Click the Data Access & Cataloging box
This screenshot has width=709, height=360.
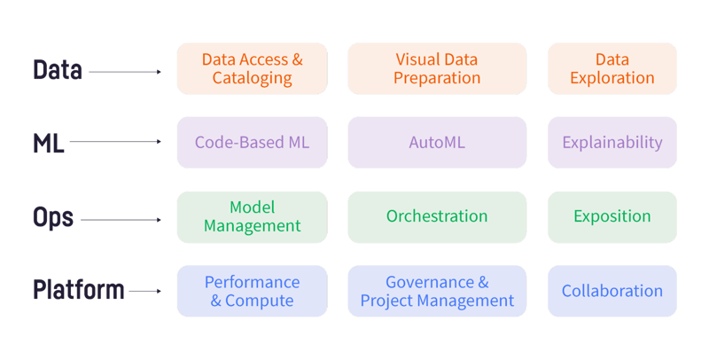252,68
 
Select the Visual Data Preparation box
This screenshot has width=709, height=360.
437,68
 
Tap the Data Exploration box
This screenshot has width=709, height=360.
612,68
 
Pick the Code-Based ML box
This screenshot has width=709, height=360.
252,142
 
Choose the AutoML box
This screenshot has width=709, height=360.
437,142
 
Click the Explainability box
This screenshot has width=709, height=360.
612,142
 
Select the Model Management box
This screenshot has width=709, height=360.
252,216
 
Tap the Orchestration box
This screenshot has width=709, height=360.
437,216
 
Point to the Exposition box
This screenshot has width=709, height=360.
612,216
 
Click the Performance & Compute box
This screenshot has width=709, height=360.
252,291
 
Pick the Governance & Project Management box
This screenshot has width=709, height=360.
437,291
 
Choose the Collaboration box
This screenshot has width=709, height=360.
612,291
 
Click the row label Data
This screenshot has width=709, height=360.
58,70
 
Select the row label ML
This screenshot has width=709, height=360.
48,143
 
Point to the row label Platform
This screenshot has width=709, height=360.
78,291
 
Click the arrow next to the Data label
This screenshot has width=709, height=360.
125,71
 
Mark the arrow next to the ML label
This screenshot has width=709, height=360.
115,142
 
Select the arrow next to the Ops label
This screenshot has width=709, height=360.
121,218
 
